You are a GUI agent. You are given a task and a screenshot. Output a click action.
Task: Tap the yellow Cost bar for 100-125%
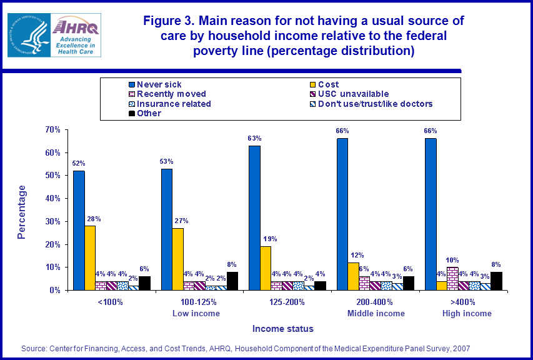[x=178, y=259]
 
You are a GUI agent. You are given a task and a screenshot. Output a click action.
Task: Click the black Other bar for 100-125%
[x=232, y=281]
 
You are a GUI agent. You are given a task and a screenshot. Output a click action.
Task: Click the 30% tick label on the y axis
[x=52, y=221]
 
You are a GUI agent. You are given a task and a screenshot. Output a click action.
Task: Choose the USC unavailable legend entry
[x=354, y=94]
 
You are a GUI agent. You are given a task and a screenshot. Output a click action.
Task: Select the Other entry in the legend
[x=149, y=113]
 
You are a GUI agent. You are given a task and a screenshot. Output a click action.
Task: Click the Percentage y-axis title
[x=22, y=211]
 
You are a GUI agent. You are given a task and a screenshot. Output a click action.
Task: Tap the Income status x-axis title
[x=283, y=329]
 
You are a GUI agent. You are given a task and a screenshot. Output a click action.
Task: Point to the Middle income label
[x=376, y=313]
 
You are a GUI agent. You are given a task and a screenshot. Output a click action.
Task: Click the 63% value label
[x=254, y=138]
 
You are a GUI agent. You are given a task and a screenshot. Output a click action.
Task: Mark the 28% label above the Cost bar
[x=94, y=219]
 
